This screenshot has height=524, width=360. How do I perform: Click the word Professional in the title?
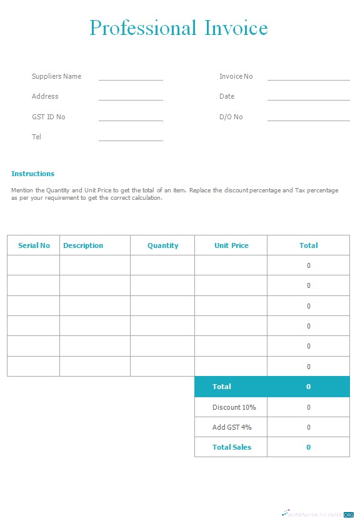pyautogui.click(x=142, y=29)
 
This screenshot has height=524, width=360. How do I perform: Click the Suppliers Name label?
pyautogui.click(x=56, y=76)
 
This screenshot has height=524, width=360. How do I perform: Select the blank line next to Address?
pyautogui.click(x=131, y=99)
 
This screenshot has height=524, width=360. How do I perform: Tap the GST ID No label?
pyautogui.click(x=48, y=117)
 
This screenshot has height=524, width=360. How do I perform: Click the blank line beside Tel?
pyautogui.click(x=131, y=139)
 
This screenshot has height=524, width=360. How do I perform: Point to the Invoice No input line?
pyautogui.click(x=308, y=79)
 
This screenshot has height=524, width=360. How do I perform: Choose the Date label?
pyautogui.click(x=227, y=96)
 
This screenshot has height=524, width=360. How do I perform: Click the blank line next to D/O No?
pyautogui.click(x=308, y=119)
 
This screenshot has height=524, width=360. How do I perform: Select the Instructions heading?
pyautogui.click(x=32, y=174)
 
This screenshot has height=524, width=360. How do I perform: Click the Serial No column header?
pyautogui.click(x=34, y=245)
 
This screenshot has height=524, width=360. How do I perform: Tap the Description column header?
pyautogui.click(x=83, y=245)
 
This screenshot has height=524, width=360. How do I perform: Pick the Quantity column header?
pyautogui.click(x=162, y=245)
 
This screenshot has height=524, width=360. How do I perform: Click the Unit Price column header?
pyautogui.click(x=231, y=245)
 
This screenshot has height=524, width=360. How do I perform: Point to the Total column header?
pyautogui.click(x=308, y=245)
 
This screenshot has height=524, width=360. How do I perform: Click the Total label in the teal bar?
pyautogui.click(x=221, y=387)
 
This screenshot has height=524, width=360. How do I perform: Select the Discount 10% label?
pyautogui.click(x=234, y=407)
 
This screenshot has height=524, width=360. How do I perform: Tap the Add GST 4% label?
pyautogui.click(x=232, y=427)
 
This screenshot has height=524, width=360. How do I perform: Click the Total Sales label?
pyautogui.click(x=231, y=447)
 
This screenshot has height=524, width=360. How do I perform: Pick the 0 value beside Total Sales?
pyautogui.click(x=308, y=447)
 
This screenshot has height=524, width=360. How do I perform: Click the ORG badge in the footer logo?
pyautogui.click(x=348, y=514)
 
